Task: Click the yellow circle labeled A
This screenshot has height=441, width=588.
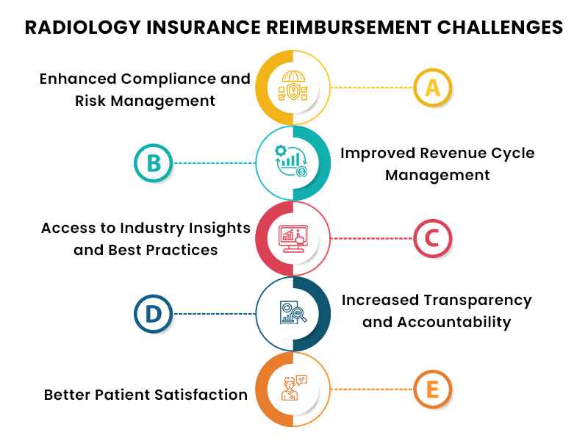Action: pos(433,87)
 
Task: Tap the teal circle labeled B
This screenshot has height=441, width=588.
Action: pos(153,162)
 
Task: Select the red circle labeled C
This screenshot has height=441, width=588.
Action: pos(433,238)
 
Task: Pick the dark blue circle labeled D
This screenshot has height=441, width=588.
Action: pos(153,314)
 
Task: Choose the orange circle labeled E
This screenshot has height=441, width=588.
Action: pos(433,389)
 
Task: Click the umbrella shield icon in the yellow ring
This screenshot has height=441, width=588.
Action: pos(292,87)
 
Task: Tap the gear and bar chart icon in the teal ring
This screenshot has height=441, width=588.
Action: pos(292,162)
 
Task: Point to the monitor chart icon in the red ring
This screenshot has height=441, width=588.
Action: pos(292,238)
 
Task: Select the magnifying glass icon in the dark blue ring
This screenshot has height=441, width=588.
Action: pos(292,314)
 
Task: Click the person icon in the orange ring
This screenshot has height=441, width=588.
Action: pos(292,389)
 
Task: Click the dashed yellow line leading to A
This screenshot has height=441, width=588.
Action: pos(371,87)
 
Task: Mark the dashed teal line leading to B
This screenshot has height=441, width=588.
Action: pos(214,162)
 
